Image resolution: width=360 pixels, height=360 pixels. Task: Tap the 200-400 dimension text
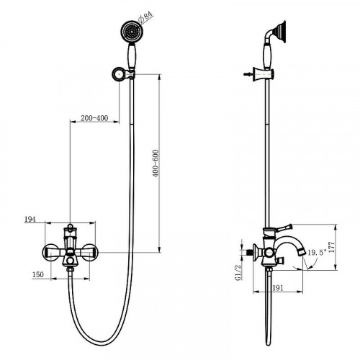[94, 118]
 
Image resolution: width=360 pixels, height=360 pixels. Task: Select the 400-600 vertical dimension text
[156, 163]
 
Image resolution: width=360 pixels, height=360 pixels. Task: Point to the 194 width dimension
[30, 219]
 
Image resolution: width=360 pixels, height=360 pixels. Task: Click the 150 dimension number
[38, 274]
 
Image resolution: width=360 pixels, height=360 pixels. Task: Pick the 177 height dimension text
[331, 247]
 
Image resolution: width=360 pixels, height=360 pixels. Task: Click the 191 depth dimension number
[278, 288]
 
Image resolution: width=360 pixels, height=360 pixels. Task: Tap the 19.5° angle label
[317, 253]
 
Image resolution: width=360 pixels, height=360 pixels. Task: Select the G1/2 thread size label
[238, 273]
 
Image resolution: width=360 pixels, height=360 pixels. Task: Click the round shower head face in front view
[132, 31]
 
